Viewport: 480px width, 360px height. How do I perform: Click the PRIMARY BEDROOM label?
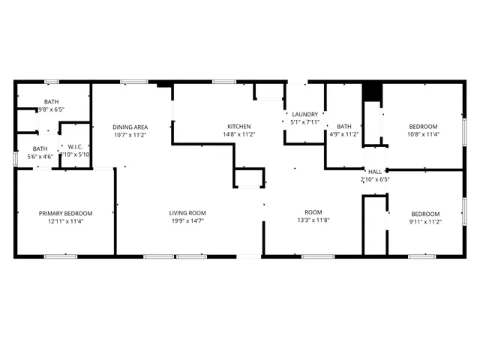pyautogui.click(x=66, y=213)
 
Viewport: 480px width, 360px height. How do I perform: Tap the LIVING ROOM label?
pyautogui.click(x=187, y=213)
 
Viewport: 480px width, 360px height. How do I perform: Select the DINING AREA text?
pyautogui.click(x=129, y=127)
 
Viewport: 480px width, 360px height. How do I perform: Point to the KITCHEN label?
pyautogui.click(x=239, y=126)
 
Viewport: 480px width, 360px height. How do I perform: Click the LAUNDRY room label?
pyautogui.click(x=305, y=114)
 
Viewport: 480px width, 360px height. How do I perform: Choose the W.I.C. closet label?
pyautogui.click(x=75, y=146)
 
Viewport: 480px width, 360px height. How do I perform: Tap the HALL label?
pyautogui.click(x=375, y=172)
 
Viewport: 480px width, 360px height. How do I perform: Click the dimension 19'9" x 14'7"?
pyautogui.click(x=187, y=221)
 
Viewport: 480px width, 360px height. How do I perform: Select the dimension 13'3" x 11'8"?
pyautogui.click(x=313, y=221)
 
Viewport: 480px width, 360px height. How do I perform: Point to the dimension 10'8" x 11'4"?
pyautogui.click(x=423, y=135)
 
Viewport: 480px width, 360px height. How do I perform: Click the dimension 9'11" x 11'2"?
pyautogui.click(x=424, y=221)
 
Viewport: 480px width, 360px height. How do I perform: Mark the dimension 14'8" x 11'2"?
pyautogui.click(x=239, y=135)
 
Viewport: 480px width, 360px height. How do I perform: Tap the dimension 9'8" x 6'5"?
pyautogui.click(x=52, y=109)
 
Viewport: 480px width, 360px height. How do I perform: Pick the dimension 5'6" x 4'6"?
pyautogui.click(x=40, y=157)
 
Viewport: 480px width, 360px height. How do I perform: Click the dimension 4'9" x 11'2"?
pyautogui.click(x=344, y=135)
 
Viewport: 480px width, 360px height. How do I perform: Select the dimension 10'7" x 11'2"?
pyautogui.click(x=129, y=135)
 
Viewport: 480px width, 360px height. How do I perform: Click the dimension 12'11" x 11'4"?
pyautogui.click(x=66, y=221)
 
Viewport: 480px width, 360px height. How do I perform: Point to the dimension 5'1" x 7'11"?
pyautogui.click(x=305, y=122)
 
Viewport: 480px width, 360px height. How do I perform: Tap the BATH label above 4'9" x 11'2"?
pyautogui.click(x=344, y=127)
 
